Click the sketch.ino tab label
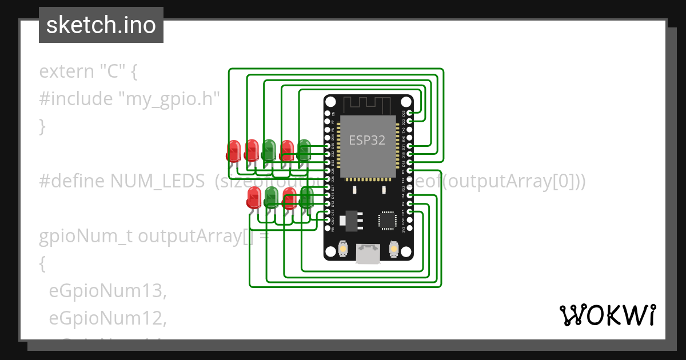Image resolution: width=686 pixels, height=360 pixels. pyautogui.click(x=101, y=25)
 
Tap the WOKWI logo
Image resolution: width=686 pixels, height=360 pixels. pyautogui.click(x=607, y=315)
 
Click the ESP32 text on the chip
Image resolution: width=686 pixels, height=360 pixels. pyautogui.click(x=367, y=139)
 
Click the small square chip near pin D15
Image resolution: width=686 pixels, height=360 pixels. pyautogui.click(x=387, y=220)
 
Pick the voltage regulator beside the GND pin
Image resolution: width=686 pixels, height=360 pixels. pyautogui.click(x=349, y=220)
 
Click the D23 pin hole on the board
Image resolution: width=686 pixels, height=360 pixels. pyautogui.click(x=409, y=113)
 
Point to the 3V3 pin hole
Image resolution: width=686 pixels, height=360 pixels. pyautogui.click(x=409, y=229)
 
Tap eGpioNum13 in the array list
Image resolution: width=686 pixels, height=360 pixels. pyautogui.click(x=107, y=291)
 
